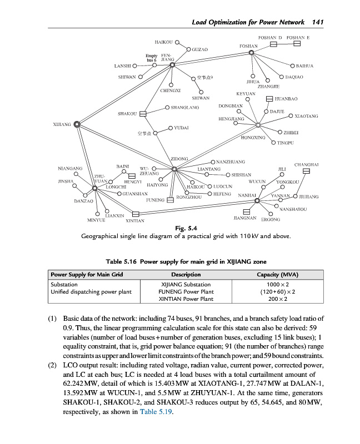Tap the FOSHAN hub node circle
tap(252, 53)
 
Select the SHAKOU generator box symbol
tap(143, 114)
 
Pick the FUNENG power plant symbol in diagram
tap(171, 200)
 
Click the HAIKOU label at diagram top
tap(163, 42)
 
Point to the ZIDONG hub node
tap(174, 169)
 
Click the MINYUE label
tap(96, 220)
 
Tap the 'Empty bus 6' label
tap(151, 57)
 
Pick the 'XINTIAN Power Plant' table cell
tap(186, 299)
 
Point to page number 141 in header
tap(318, 22)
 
